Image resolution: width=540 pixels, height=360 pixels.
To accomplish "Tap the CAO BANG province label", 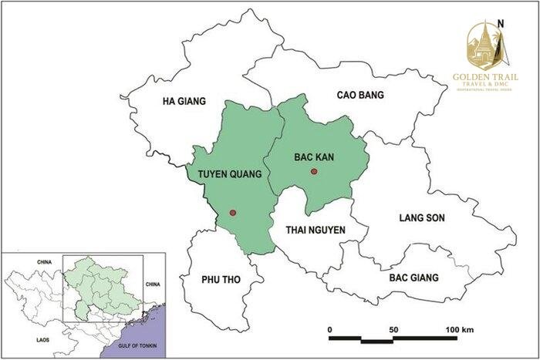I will coord(360,96).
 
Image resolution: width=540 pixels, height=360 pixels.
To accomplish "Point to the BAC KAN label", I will coord(313,156).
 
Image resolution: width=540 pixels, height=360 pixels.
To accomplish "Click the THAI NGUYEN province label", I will coord(316,230).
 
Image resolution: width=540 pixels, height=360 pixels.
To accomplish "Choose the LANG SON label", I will coord(422,218).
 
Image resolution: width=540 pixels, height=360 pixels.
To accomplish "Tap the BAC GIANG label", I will coord(413,278).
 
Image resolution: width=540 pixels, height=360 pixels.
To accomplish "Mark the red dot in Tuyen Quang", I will coord(232,213).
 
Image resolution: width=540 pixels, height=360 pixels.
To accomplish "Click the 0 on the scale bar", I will coord(330,330).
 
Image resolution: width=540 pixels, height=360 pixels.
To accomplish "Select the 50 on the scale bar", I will coord(393,330).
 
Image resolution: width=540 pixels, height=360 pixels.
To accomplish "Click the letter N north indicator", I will coord(501,22).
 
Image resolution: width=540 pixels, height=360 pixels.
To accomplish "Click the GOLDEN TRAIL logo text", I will coord(484,77).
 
